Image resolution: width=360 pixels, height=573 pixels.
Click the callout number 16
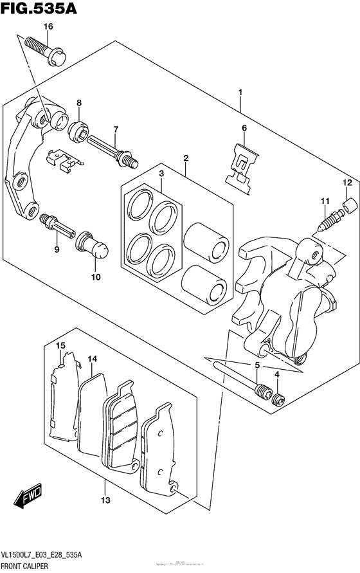pyautogui.click(x=49, y=26)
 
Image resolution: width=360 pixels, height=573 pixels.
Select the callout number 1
pyautogui.click(x=240, y=93)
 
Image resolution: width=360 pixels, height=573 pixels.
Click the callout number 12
pyautogui.click(x=346, y=183)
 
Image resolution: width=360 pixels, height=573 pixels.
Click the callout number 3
pyautogui.click(x=162, y=174)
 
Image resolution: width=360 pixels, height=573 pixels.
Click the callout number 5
pyautogui.click(x=257, y=366)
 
